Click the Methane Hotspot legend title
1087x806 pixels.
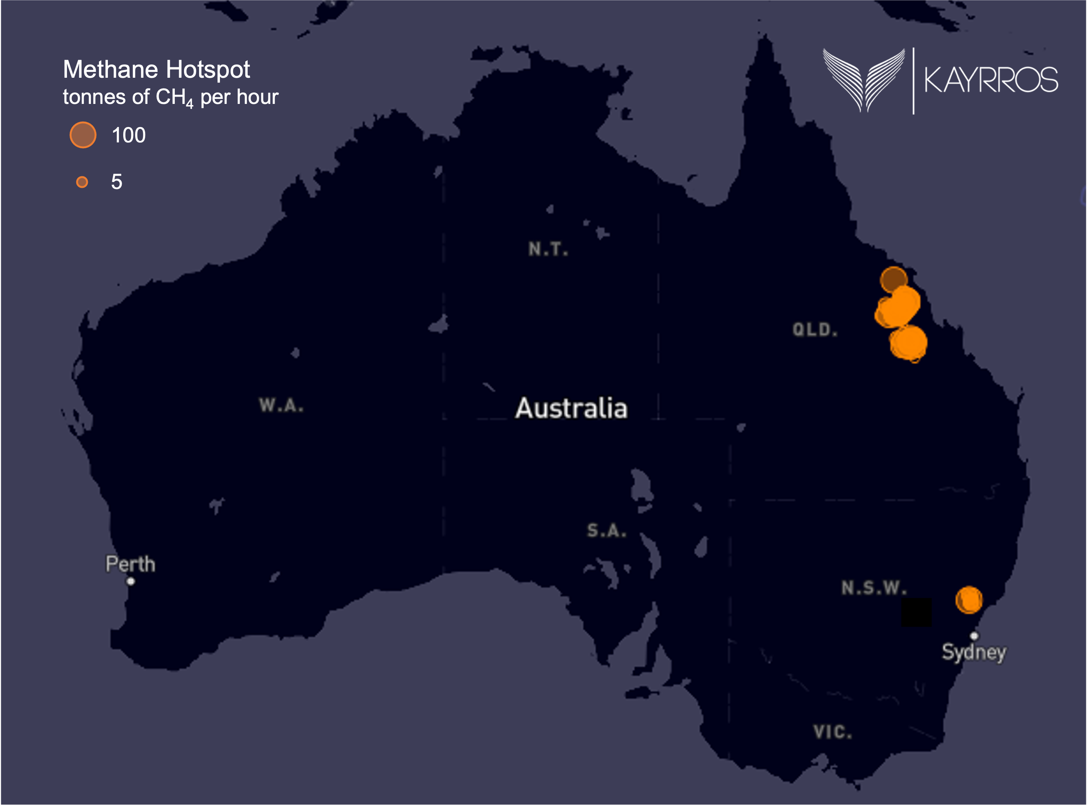[156, 70]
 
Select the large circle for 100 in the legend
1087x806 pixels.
[83, 135]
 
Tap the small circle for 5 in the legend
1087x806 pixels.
[82, 182]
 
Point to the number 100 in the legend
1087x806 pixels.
[128, 135]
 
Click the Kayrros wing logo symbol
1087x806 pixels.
[863, 80]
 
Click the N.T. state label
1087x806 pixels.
[548, 249]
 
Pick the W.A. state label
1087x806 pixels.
[281, 405]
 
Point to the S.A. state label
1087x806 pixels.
[606, 530]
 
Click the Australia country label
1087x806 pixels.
[571, 408]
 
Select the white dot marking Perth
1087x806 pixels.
[130, 581]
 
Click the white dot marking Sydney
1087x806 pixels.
[974, 636]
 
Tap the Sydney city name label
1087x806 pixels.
[974, 652]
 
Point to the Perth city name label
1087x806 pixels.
[130, 564]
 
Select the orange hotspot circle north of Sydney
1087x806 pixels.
[969, 600]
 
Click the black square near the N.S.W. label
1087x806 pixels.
[916, 612]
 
